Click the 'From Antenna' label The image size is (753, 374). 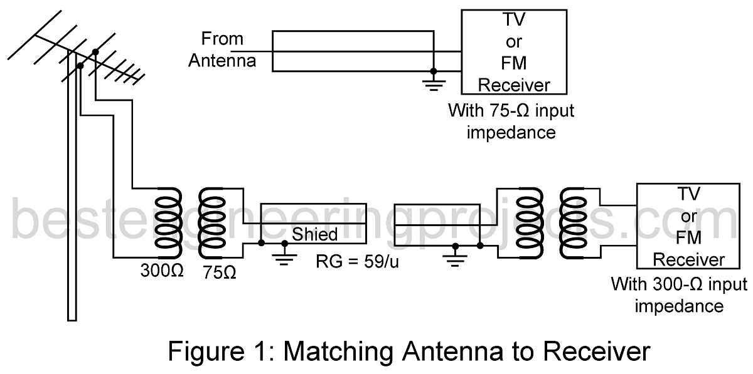222,50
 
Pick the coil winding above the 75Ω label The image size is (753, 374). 211,223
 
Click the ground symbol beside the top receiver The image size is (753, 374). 432,83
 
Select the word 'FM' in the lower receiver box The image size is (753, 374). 689,239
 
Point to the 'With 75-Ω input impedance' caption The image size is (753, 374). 511,122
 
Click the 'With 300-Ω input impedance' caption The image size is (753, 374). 679,295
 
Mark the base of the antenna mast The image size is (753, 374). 72,316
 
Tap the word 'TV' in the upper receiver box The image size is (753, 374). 515,21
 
